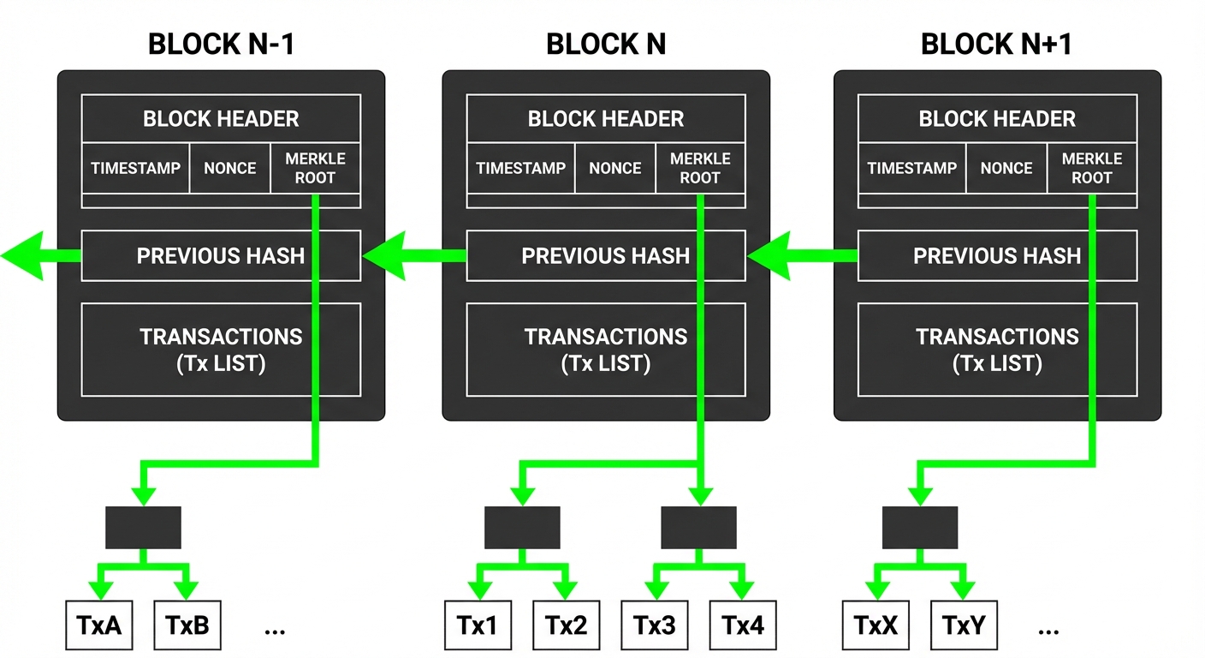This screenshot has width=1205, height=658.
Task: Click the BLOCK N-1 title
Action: (221, 44)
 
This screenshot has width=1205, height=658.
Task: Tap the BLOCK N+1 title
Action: (997, 44)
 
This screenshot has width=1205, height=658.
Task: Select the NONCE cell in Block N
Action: (614, 168)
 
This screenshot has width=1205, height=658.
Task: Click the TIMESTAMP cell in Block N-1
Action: (135, 168)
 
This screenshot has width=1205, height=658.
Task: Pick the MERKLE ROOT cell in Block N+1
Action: (1091, 168)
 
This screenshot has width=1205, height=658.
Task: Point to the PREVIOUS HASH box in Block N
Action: (605, 255)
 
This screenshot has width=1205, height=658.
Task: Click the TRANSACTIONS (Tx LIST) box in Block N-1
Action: (221, 350)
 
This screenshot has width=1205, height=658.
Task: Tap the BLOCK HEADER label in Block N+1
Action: (997, 119)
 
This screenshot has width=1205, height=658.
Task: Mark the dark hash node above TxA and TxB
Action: (143, 527)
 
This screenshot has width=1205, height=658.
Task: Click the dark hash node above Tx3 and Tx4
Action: (698, 527)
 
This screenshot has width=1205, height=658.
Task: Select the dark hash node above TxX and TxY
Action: (919, 527)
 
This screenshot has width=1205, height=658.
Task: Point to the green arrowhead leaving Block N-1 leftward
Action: (21, 255)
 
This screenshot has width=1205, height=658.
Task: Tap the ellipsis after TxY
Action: (1048, 630)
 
